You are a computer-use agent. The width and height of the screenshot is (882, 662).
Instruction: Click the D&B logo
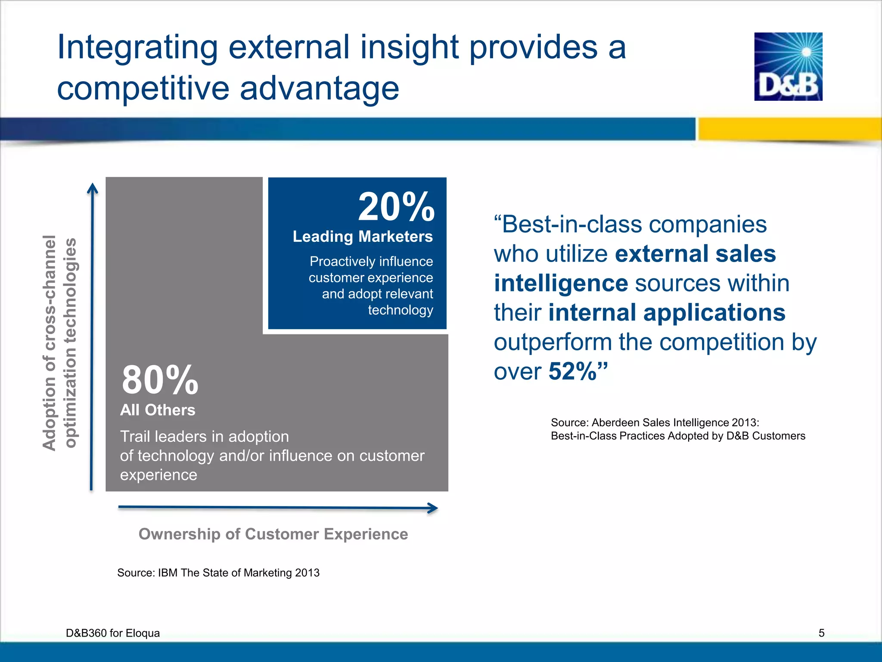[x=788, y=66]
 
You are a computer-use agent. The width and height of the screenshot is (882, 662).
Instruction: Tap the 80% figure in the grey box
[x=160, y=380]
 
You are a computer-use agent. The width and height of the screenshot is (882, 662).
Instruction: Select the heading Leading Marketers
[x=363, y=237]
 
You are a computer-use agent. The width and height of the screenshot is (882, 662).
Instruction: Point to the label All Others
[x=158, y=410]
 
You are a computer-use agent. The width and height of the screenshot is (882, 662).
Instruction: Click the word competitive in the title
[x=143, y=88]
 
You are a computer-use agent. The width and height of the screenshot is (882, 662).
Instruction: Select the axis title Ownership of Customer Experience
[x=273, y=534]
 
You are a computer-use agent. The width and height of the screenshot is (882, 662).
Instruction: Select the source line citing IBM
[x=218, y=573]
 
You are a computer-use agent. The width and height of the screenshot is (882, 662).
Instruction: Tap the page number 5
[x=821, y=633]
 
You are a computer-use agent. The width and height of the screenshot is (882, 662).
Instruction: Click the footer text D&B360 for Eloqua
[x=113, y=633]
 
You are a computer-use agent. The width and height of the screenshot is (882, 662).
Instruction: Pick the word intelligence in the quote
[x=561, y=284]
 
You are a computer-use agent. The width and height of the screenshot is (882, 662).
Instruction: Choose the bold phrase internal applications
[x=667, y=313]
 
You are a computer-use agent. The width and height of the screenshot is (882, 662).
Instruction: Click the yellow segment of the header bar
[x=789, y=128]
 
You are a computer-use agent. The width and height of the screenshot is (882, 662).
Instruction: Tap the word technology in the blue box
[x=401, y=310]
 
